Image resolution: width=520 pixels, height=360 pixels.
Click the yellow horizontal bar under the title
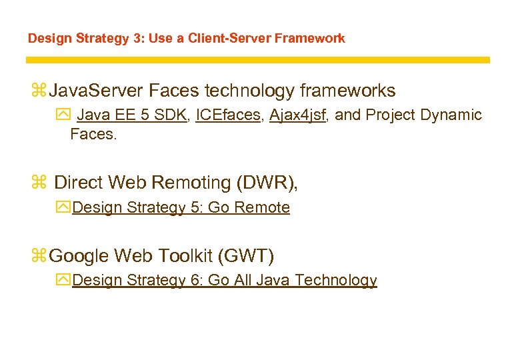(257, 60)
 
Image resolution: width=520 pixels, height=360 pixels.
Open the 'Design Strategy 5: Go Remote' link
(181, 207)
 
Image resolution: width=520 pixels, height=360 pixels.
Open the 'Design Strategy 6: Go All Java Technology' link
(224, 280)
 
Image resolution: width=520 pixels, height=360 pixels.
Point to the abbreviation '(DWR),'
(266, 182)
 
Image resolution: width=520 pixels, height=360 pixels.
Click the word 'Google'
(79, 255)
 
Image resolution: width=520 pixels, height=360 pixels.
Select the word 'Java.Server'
(97, 90)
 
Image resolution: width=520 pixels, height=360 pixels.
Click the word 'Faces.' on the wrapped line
(93, 134)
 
